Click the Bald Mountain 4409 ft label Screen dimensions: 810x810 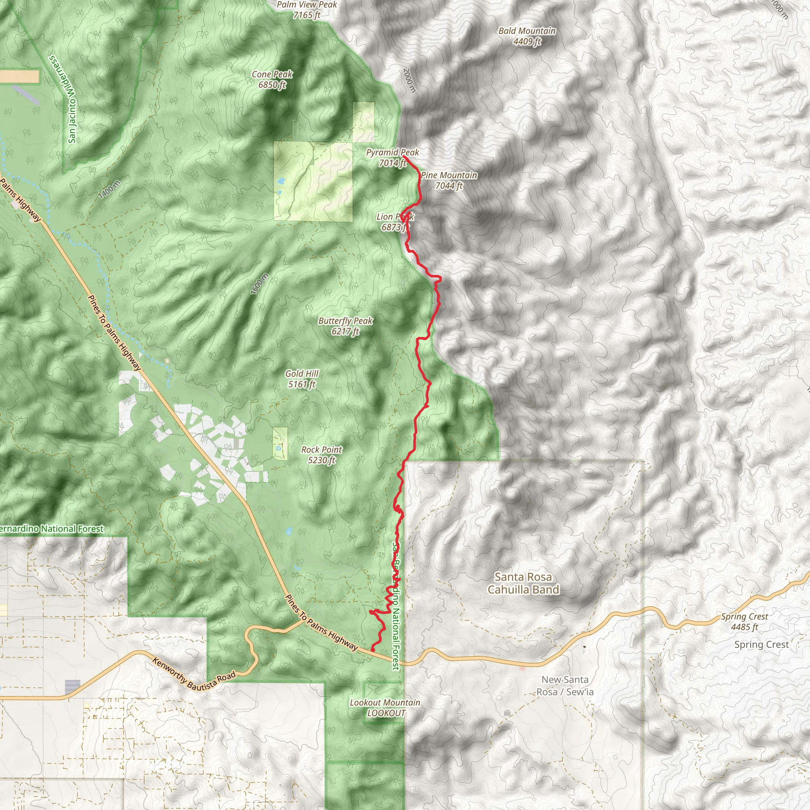527,36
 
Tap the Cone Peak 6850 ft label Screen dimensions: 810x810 272,79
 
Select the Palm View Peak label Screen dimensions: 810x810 307,9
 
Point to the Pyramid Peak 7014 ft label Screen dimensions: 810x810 392,158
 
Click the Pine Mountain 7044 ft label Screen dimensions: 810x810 449,180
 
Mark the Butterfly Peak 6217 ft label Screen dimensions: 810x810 345,326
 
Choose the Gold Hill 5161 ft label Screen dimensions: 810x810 302,379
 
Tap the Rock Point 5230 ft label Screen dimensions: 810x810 322,454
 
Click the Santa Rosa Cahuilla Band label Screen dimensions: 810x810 523,583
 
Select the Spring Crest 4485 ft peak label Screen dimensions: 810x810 745,621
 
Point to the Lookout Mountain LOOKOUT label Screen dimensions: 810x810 385,708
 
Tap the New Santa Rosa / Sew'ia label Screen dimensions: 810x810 565,685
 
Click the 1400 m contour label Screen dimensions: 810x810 110,189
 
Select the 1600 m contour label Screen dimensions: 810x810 260,284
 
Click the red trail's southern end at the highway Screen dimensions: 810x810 372,650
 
